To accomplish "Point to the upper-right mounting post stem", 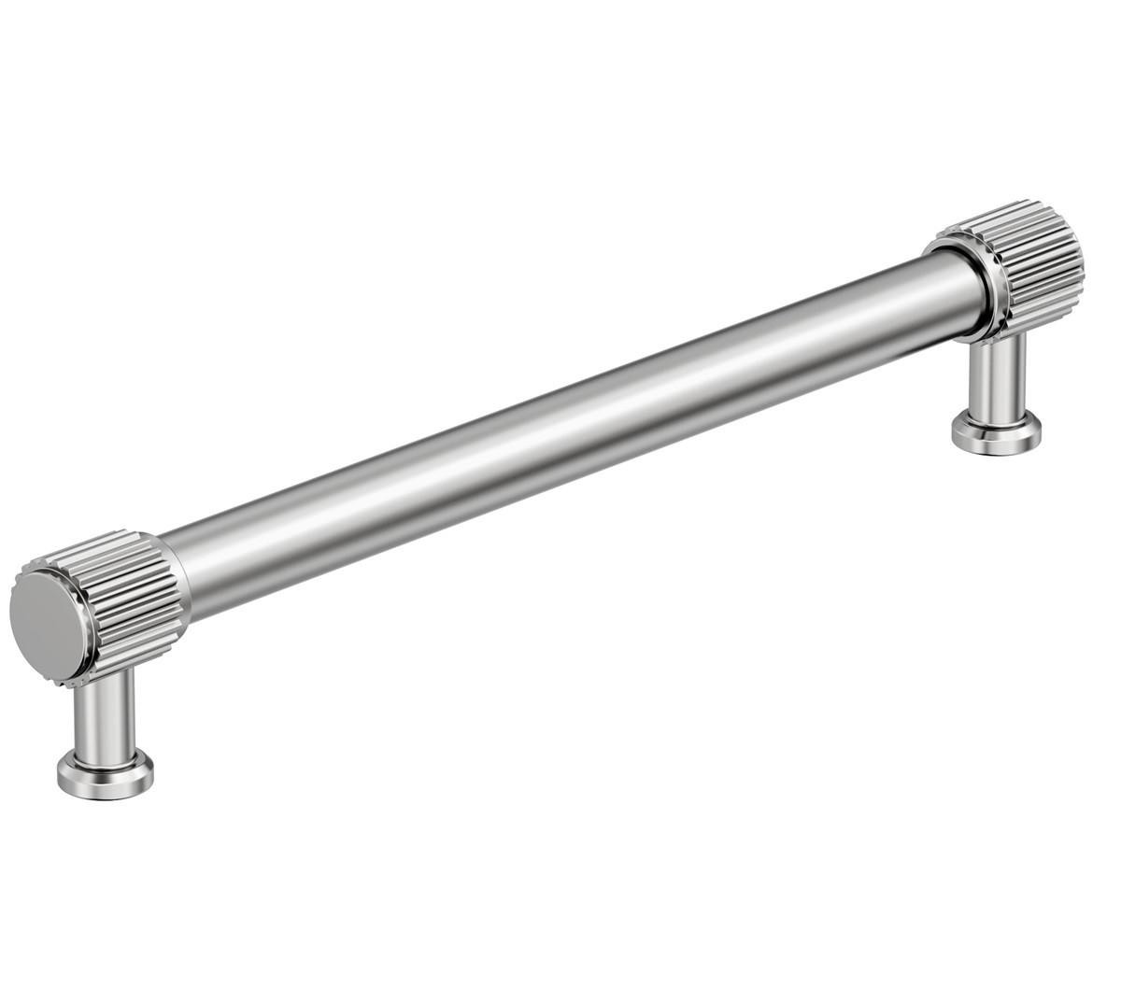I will pos(998,378).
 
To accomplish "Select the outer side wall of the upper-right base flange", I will pos(997,445).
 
